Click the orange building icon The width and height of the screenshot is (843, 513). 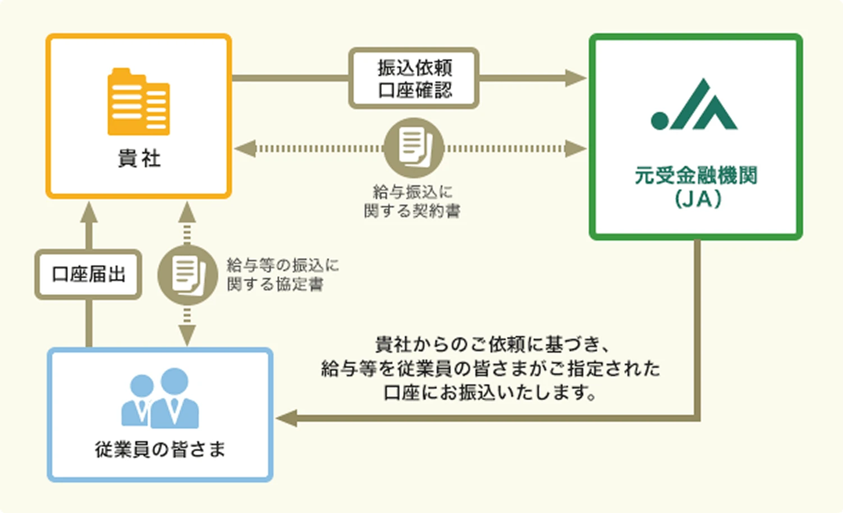(139, 102)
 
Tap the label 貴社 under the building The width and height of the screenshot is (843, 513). (139, 159)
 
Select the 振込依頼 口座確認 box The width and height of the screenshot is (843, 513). (414, 78)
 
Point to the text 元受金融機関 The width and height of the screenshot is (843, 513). (696, 176)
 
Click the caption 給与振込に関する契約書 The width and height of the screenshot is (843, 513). (413, 201)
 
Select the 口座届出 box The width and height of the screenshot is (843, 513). (89, 274)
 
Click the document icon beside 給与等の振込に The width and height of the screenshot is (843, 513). (187, 274)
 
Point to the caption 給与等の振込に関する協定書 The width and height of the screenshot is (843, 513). (282, 274)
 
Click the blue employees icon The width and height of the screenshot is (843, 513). (160, 399)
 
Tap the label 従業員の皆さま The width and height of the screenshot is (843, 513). (160, 449)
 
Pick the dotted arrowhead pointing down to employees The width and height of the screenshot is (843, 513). (187, 335)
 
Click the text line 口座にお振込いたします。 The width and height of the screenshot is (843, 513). (490, 392)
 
